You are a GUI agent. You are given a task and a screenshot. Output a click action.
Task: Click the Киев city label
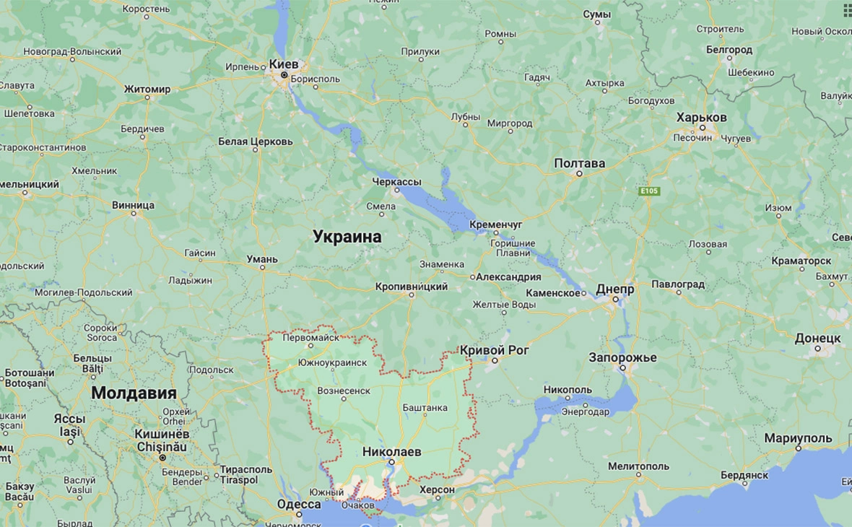coord(284,64)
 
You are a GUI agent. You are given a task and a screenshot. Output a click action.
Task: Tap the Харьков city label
coord(701,117)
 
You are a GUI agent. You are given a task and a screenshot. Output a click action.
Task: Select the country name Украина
coord(347,237)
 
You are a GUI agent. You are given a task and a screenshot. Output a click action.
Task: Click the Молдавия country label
coord(134,393)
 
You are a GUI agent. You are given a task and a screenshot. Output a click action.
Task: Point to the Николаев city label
coord(391,451)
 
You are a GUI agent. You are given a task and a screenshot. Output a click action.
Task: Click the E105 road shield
coord(648,191)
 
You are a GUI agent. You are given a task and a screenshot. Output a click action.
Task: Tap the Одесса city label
coord(299,503)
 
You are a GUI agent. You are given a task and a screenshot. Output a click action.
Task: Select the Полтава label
coord(580,163)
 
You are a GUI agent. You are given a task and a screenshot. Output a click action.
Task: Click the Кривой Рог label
coord(495,350)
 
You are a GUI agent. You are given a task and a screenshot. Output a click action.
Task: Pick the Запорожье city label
coord(622,357)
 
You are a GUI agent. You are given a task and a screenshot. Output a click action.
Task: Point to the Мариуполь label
coord(798,438)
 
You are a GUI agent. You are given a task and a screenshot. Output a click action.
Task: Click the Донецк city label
coord(817,338)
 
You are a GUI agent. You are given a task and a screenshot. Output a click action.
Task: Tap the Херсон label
coord(437,489)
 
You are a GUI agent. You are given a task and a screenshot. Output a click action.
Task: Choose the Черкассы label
coord(396,182)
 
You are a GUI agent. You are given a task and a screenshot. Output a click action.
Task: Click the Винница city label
coord(134,205)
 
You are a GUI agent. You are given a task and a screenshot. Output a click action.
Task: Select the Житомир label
coord(147,90)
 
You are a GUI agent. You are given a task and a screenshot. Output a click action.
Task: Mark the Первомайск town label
coord(310,337)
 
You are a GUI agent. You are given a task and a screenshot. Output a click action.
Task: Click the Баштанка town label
coord(425,408)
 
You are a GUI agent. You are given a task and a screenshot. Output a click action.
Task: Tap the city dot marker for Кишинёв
coord(162,458)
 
